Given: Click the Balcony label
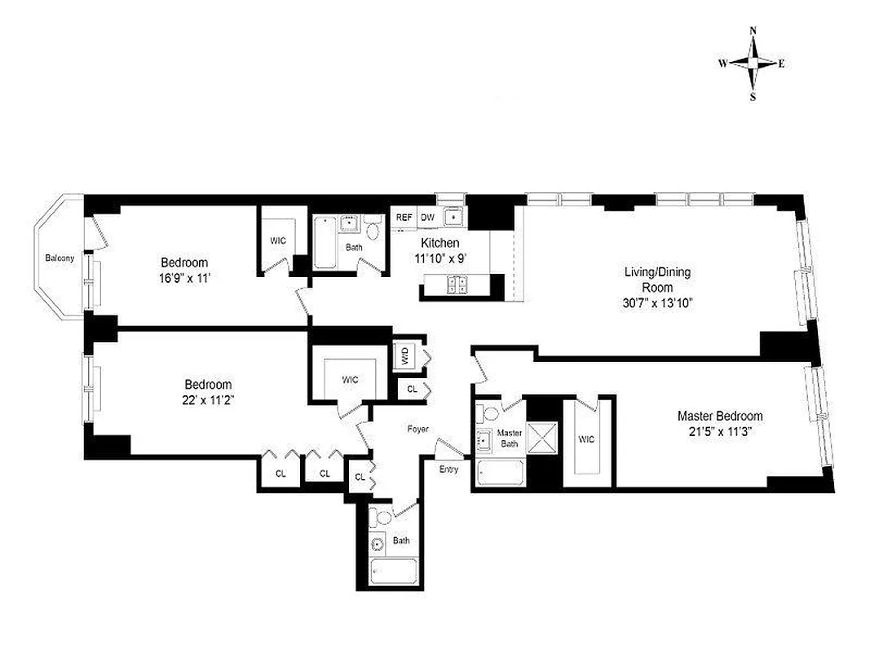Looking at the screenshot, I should coord(60,258).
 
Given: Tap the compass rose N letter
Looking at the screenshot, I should coord(753,31).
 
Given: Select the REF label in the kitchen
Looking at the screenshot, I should coord(404,218).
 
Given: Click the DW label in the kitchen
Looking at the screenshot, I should coord(427,218).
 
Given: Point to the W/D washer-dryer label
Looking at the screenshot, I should coord(404,355).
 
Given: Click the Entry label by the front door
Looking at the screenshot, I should coord(448,469).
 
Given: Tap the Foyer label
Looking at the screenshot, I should coord(418,429).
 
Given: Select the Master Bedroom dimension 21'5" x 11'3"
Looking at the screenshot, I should coord(720,431).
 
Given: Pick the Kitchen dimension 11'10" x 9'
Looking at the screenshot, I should coord(439,258).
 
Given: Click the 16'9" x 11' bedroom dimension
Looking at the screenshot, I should coord(183,278).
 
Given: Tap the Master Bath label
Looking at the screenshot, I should coord(510,438).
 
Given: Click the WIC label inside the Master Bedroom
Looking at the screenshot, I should coord(586,439).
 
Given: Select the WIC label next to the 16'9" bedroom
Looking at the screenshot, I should coord(279,240).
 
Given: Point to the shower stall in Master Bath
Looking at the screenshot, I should coord(541,436).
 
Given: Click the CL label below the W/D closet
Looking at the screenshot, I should coord(412,390).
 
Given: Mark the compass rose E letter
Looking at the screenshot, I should coord(781,64).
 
